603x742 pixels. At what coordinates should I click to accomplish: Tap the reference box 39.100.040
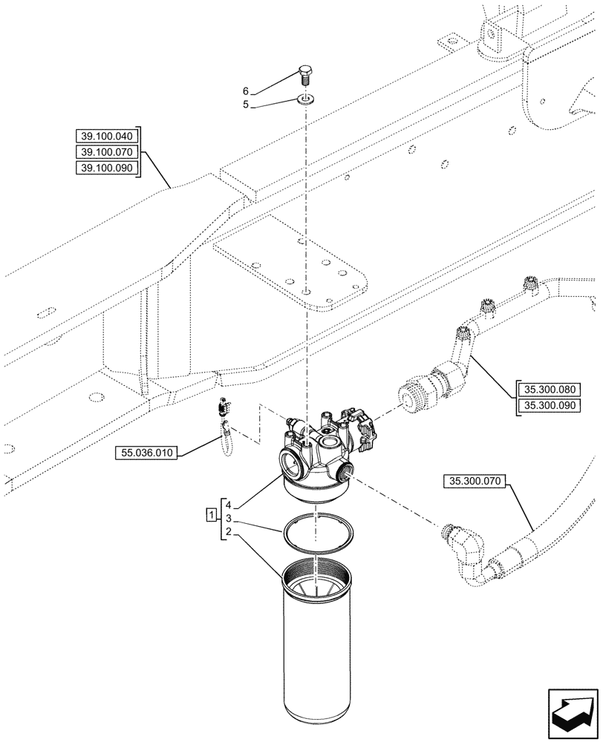tap(107, 136)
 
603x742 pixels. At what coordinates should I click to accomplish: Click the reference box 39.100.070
tap(107, 152)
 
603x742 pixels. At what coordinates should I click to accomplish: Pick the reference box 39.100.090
tap(107, 168)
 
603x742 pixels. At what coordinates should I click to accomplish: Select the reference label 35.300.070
tap(475, 482)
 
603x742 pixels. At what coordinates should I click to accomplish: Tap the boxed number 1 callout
tap(212, 513)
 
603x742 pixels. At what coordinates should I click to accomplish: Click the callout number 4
tap(230, 505)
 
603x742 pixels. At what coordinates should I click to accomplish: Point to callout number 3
tap(230, 518)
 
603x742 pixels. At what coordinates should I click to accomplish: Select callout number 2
tap(230, 532)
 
